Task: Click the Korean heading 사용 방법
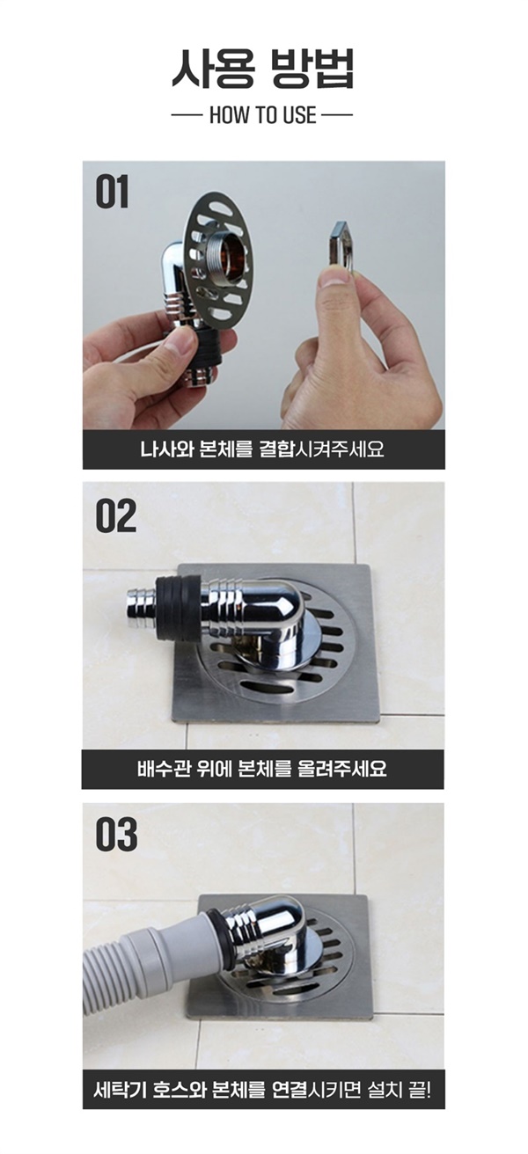coord(263,68)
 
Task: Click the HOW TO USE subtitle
coord(262,115)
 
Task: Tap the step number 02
coord(116,515)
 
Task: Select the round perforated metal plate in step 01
coord(218,257)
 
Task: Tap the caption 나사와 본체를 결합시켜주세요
coord(262,449)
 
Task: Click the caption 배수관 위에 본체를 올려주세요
coord(262,769)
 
